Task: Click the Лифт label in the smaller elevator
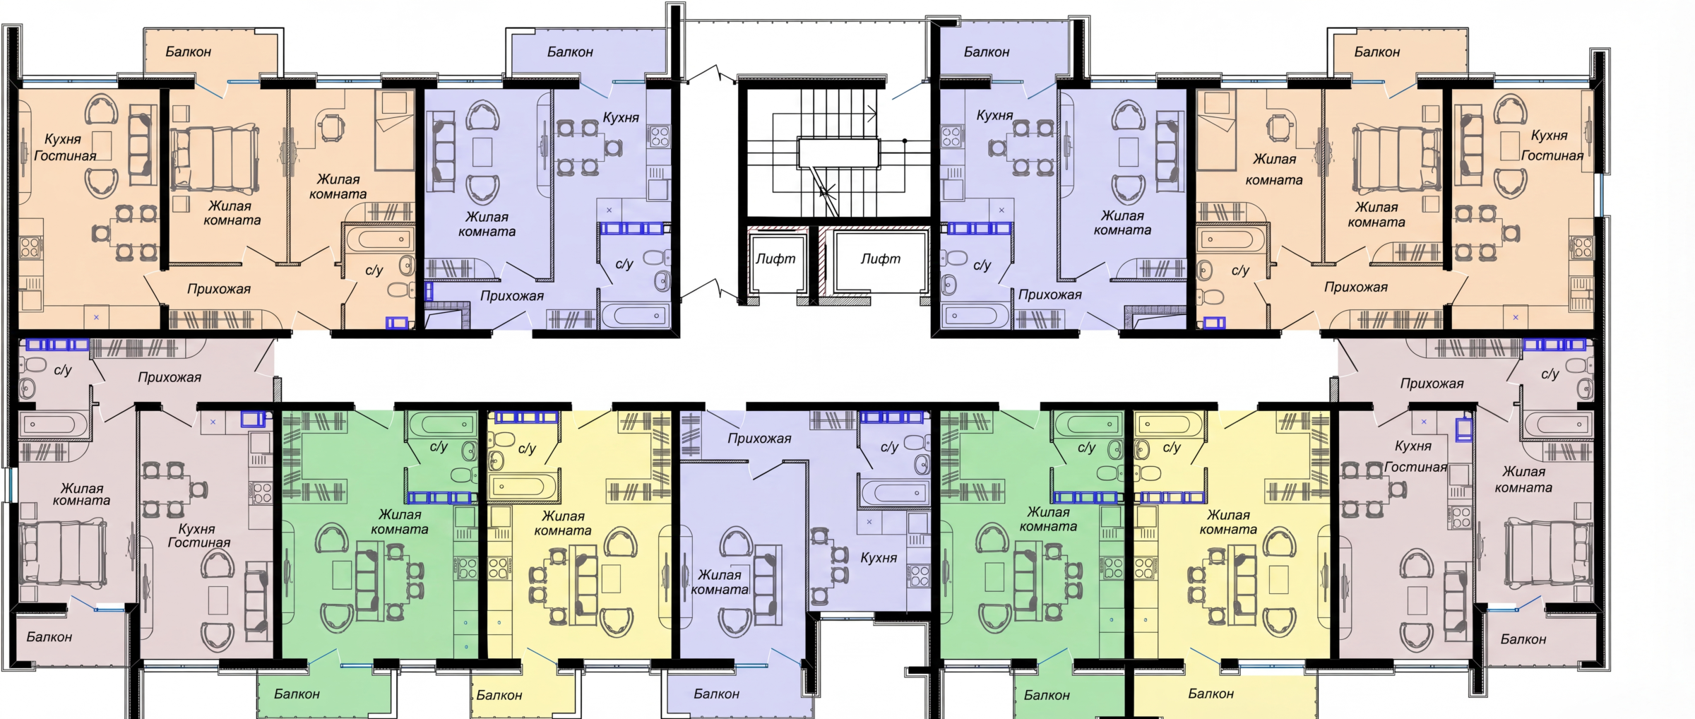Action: coord(775,259)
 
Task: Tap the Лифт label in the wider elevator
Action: coord(880,259)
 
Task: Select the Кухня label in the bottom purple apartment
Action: coord(879,558)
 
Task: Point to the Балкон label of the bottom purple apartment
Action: coord(716,694)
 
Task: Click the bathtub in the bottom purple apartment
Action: coord(894,492)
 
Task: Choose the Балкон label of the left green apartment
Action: coord(297,694)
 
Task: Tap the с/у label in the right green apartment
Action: coord(1086,448)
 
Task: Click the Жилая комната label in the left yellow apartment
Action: coord(563,523)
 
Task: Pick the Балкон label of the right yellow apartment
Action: coord(1211,694)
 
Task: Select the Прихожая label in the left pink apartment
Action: coord(169,378)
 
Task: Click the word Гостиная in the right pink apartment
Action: coord(1416,467)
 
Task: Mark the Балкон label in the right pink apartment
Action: coord(1523,639)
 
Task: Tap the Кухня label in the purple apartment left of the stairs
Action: coord(621,118)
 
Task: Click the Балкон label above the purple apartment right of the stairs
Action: coord(987,52)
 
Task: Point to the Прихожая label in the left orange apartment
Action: coord(219,289)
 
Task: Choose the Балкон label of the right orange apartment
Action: coord(1377,52)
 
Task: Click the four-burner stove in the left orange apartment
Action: coord(30,247)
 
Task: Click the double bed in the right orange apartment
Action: coord(1396,159)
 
